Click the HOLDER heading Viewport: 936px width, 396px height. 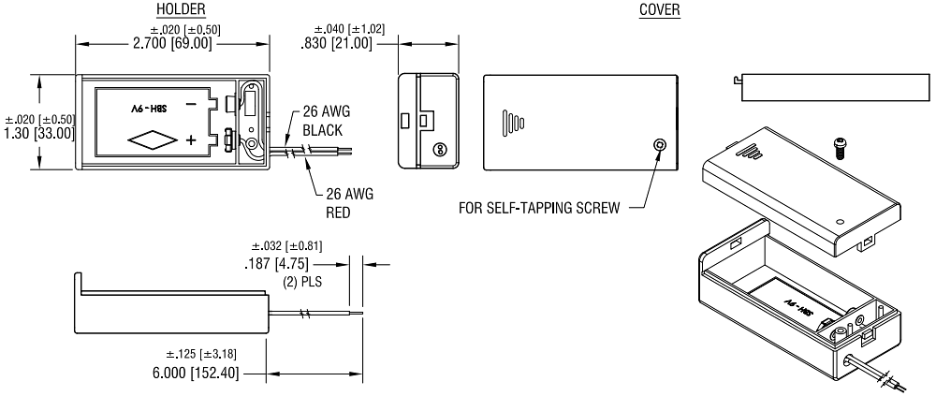coord(174,9)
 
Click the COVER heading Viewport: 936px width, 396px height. coord(659,9)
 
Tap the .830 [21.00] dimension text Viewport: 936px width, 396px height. coord(343,44)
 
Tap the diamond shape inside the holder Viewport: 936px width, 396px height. coord(152,140)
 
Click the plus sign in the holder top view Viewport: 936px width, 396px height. coord(191,140)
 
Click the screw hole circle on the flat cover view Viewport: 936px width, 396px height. coord(659,145)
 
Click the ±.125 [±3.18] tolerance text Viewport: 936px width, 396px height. coord(210,354)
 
